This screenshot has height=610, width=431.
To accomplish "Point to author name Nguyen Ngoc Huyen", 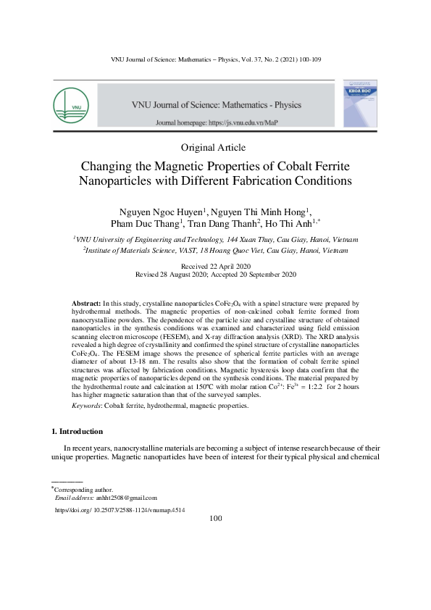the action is click(159, 212).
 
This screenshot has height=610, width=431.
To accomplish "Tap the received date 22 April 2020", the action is click(215, 267).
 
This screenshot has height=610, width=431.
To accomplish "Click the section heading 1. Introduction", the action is click(81, 432).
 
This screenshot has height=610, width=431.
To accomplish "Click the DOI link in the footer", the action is click(121, 510).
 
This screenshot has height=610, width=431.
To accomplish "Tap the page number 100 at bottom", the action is click(215, 519).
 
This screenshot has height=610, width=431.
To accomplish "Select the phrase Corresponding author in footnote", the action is click(83, 490).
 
